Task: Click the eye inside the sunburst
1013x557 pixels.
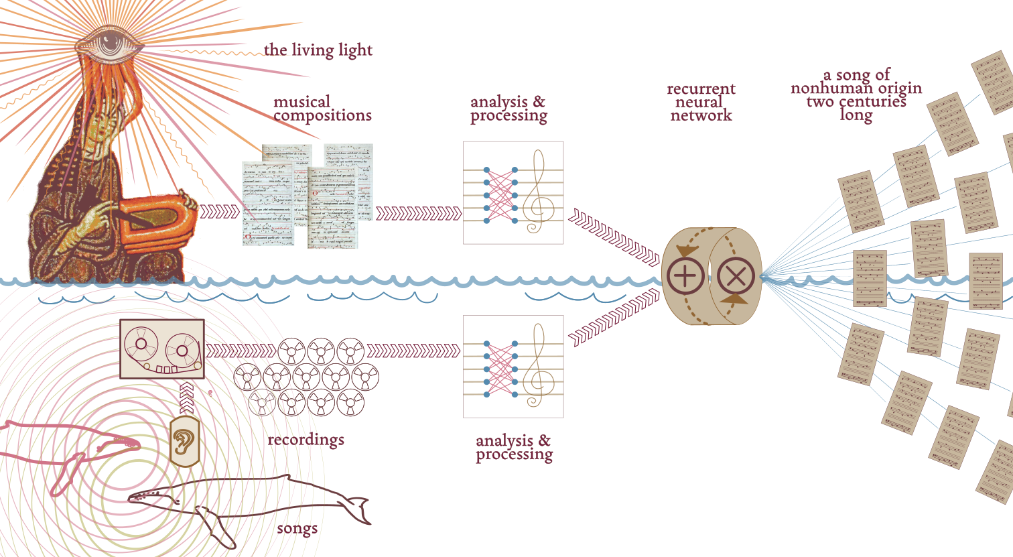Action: pos(107,44)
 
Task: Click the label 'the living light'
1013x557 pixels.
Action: pos(318,50)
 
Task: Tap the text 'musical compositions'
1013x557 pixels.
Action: pos(322,109)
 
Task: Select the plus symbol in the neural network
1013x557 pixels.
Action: pos(684,277)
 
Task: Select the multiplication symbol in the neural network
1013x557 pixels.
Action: pos(736,277)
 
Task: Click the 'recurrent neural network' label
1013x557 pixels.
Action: pos(701,102)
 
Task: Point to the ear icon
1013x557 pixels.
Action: pos(185,441)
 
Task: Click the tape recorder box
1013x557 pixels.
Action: pos(161,349)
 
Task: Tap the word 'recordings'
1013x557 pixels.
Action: pos(306,440)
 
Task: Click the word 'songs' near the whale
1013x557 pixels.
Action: pos(297,528)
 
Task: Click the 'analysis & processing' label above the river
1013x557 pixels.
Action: pos(509,109)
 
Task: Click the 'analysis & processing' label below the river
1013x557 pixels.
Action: pos(514,447)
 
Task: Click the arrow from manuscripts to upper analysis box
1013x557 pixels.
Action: pos(418,214)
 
